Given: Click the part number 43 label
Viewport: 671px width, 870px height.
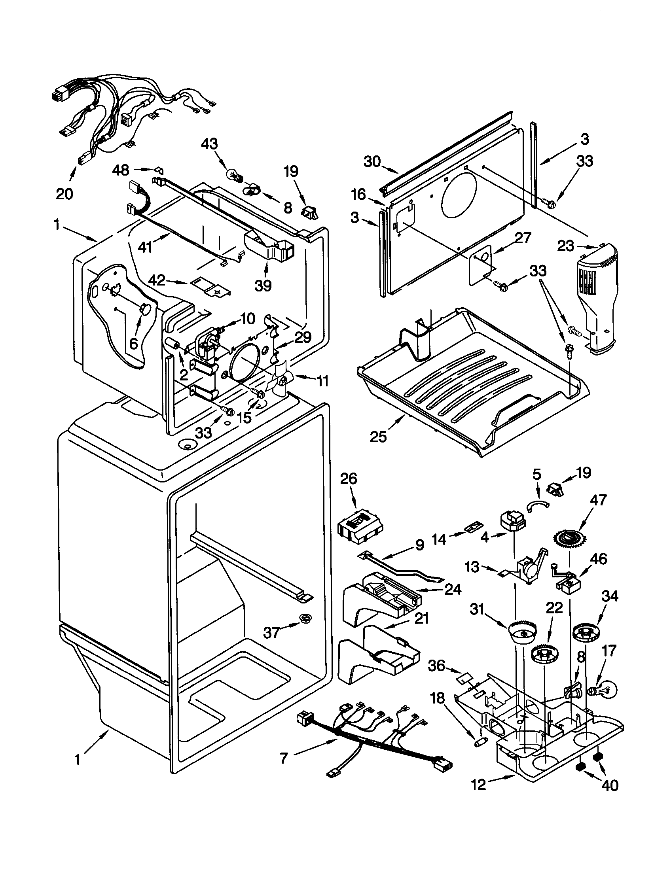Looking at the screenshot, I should point(210,144).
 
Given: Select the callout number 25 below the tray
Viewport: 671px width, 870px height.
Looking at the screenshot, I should point(378,437).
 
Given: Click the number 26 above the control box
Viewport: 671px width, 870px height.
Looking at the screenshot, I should point(348,479).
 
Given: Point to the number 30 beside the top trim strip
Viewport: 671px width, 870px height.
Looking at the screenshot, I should point(372,162).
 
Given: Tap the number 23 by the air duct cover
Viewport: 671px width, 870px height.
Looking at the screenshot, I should point(566,246).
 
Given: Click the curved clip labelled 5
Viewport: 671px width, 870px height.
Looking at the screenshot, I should point(538,505).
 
